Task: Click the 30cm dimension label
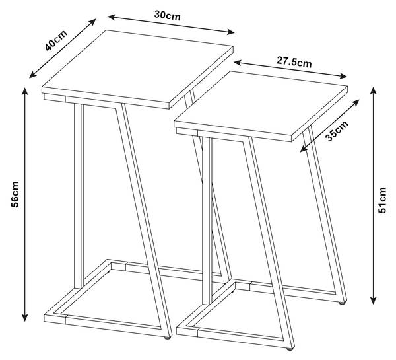167,15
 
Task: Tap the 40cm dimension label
56,40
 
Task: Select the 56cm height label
15,194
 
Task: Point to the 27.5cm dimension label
294,62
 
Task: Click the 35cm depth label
337,131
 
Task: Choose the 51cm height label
382,200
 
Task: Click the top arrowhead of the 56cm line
24,91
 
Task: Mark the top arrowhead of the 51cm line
374,90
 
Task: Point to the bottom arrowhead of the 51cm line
374,300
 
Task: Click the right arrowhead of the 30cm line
231,32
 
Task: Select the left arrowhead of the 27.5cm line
238,63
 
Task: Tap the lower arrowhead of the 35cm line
304,149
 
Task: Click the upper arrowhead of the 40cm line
92,22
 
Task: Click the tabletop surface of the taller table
137,66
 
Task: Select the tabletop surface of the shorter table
261,103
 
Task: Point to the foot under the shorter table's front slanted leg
290,349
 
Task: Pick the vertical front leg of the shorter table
207,221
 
